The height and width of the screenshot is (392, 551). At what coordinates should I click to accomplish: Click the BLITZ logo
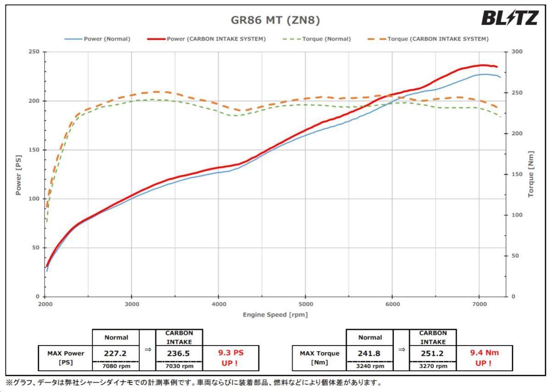click(x=510, y=18)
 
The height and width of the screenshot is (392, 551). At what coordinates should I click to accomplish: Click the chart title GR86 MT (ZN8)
click(x=275, y=20)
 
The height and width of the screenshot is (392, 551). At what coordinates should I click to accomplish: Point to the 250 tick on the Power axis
click(x=34, y=52)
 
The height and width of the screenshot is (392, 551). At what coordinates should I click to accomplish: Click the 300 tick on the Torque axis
click(x=517, y=52)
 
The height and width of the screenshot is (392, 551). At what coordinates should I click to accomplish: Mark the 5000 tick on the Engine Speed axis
click(x=305, y=304)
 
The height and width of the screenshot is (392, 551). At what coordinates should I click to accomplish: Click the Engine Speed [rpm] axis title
click(x=275, y=315)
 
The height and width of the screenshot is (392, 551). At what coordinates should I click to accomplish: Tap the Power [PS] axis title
click(x=19, y=174)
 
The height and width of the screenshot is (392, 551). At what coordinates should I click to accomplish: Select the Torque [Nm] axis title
click(x=531, y=174)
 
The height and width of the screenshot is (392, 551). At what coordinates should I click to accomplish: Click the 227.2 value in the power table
click(x=116, y=353)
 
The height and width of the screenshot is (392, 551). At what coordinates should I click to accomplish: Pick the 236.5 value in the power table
click(x=180, y=353)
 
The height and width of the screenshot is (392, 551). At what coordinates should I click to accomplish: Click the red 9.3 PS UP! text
click(x=231, y=358)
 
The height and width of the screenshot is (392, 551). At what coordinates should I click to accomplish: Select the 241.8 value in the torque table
click(x=370, y=353)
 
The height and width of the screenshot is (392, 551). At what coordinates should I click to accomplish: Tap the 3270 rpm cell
click(x=433, y=366)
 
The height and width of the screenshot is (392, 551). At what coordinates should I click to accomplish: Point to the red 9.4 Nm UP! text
click(x=484, y=358)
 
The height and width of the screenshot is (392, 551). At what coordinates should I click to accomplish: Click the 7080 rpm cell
click(x=116, y=366)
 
